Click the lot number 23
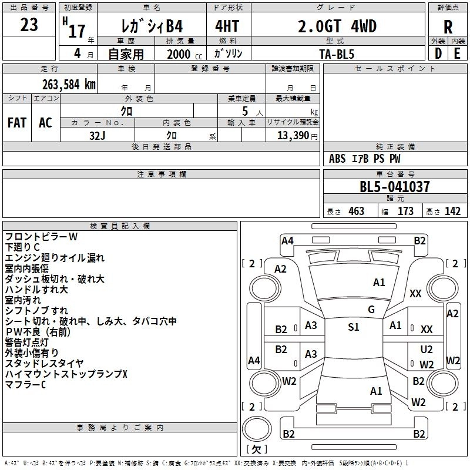29,25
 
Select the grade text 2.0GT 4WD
337,27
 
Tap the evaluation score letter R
448,28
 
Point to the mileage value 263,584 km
69,84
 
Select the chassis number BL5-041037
395,187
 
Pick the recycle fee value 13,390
296,136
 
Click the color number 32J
98,136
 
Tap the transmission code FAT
16,123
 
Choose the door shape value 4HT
227,27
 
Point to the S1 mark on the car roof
353,327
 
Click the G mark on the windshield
371,310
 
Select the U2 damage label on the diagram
427,350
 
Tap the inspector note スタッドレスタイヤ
44,363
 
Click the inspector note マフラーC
25,385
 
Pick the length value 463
356,211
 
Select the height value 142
452,211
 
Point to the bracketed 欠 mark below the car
256,450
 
